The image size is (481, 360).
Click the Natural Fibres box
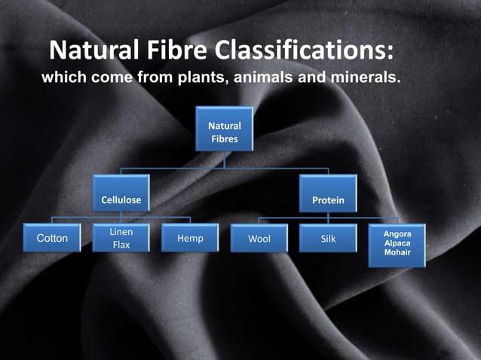(x=224, y=132)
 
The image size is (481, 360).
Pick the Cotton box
(x=53, y=238)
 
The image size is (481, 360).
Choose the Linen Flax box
(x=121, y=239)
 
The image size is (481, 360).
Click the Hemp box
(x=190, y=238)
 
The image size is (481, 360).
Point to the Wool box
(x=259, y=239)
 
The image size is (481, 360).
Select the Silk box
(x=328, y=238)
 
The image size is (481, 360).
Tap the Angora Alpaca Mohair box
(x=397, y=244)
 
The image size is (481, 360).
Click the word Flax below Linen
(x=121, y=246)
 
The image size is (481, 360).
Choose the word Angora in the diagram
(x=397, y=235)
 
